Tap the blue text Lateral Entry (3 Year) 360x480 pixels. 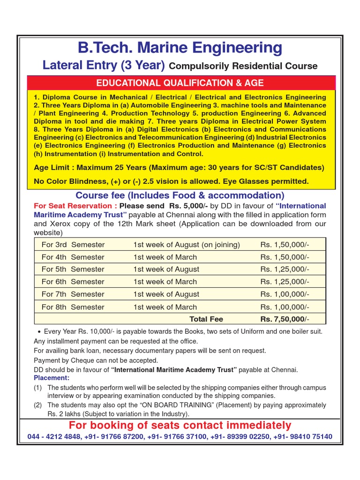pos(104,66)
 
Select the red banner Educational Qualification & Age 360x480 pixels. pos(180,83)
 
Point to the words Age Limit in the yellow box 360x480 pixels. pos(53,167)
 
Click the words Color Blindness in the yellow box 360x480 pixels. pos(73,181)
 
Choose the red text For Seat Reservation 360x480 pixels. pos(75,206)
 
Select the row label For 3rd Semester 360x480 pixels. pos(73,245)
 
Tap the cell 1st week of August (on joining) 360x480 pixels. pos(187,245)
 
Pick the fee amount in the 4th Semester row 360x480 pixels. pos(285,257)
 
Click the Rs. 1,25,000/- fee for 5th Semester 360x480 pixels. pos(285,269)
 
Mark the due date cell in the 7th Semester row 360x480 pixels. pos(166,294)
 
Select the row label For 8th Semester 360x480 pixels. pos(73,307)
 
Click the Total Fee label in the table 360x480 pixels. pos(206,319)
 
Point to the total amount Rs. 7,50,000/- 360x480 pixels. pos(285,319)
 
